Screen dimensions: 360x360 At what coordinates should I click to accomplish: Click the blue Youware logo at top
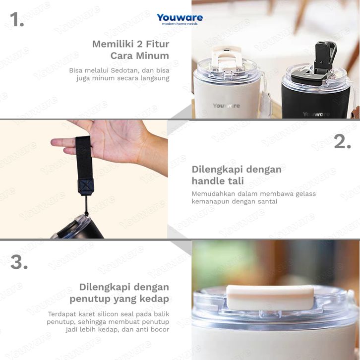click(x=180, y=17)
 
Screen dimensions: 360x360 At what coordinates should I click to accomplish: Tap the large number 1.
click(x=17, y=19)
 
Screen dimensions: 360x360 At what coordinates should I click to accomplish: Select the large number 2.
click(x=343, y=141)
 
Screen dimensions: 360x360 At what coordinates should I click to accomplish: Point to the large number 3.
click(x=19, y=262)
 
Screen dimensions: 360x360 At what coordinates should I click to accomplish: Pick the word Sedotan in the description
click(x=125, y=70)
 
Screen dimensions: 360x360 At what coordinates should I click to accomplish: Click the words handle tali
click(x=218, y=181)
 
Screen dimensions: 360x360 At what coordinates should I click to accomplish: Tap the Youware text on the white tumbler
click(x=227, y=106)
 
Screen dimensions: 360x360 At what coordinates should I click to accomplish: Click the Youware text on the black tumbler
click(x=316, y=114)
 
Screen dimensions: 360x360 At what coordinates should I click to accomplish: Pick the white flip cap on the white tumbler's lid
click(x=226, y=58)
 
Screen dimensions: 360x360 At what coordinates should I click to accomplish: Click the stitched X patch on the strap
click(x=86, y=186)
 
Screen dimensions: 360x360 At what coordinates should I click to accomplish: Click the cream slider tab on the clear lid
click(x=270, y=298)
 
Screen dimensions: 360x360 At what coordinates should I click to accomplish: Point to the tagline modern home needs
click(x=180, y=24)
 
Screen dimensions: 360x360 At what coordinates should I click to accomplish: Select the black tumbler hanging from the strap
click(x=78, y=228)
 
